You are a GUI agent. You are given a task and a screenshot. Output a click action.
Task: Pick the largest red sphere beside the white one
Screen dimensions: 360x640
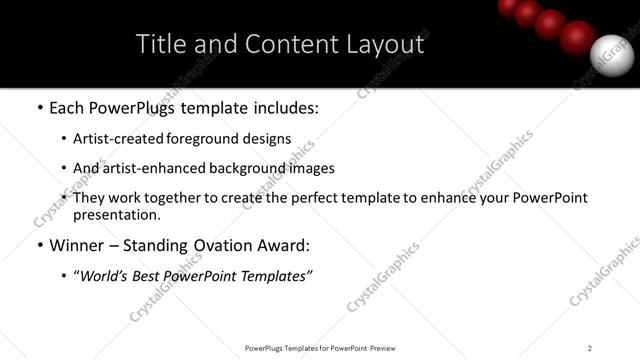click(577, 38)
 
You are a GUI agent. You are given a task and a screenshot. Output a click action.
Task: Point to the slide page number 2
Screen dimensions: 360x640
click(590, 347)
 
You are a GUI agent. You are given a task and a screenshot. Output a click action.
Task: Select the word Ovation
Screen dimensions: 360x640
click(237, 245)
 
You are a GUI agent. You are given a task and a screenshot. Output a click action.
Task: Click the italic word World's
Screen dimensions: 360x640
click(107, 276)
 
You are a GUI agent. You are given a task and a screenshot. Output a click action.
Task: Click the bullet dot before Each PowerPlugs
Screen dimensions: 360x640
click(39, 105)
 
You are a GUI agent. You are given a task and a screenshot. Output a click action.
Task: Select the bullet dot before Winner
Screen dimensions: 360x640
click(39, 246)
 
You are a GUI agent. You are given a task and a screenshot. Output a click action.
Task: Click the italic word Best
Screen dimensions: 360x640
click(160, 276)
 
